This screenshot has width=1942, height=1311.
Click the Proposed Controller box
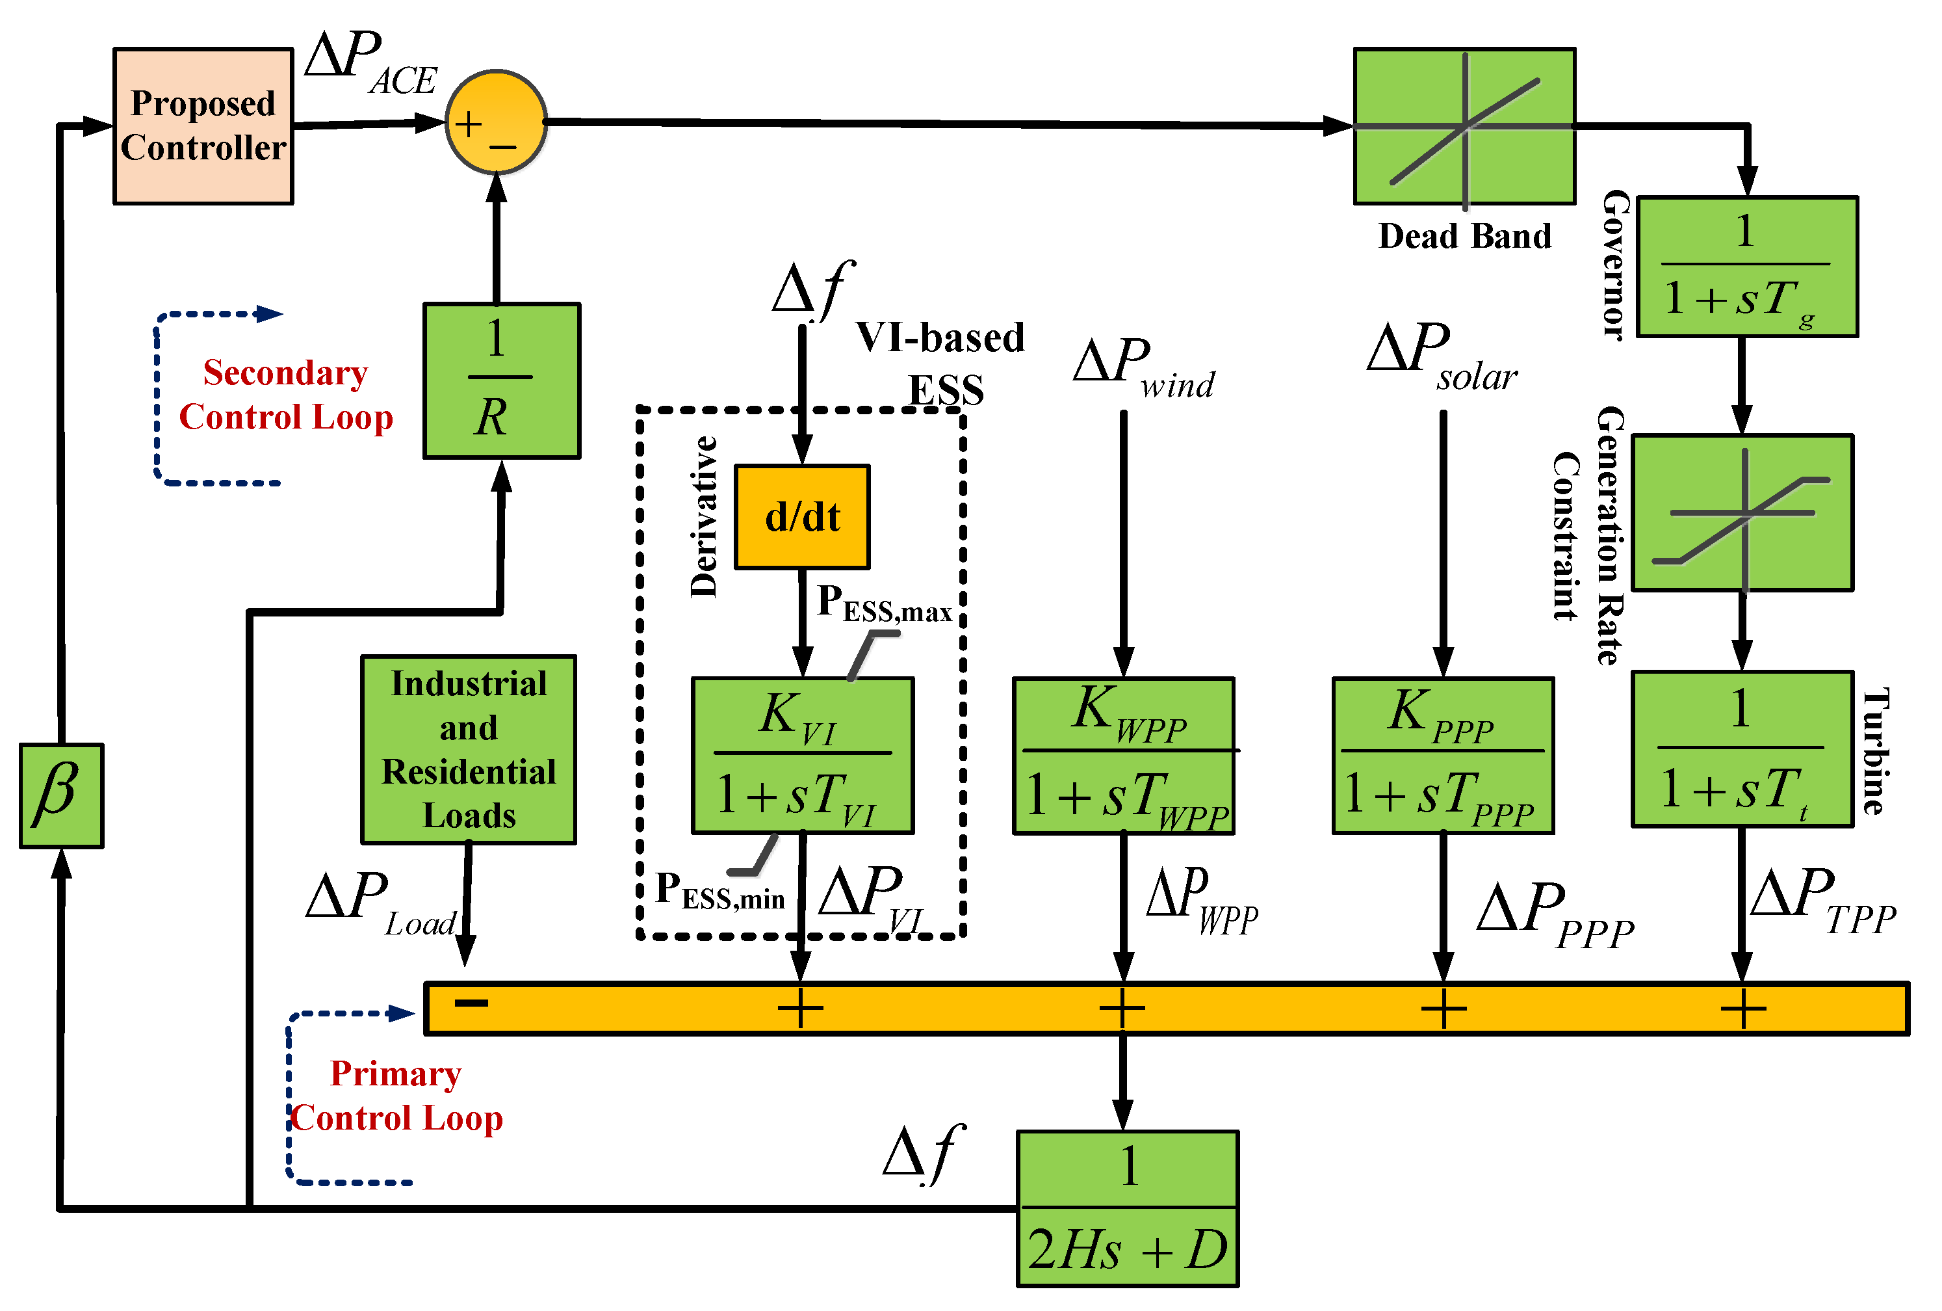pos(203,126)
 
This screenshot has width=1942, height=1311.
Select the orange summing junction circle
pos(497,122)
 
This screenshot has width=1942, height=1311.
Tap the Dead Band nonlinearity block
pos(1465,126)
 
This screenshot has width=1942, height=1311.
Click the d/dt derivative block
pos(802,517)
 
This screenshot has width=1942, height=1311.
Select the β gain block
pos(62,796)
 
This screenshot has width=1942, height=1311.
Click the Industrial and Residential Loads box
pos(469,749)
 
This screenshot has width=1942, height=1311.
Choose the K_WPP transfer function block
pos(1124,756)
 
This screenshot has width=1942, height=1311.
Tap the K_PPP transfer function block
pos(1443,756)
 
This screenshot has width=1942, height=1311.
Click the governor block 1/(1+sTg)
pos(1747,267)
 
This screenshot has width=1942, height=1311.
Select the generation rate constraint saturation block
pos(1743,512)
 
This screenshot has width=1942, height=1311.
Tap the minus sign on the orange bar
pos(471,1003)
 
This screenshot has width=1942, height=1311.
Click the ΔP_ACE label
pos(371,62)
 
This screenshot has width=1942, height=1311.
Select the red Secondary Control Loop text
pos(286,395)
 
